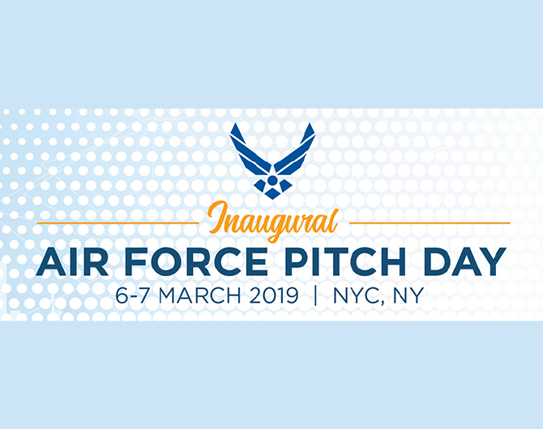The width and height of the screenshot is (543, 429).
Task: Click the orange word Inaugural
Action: (273, 221)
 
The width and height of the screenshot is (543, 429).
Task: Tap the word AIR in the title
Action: (72, 261)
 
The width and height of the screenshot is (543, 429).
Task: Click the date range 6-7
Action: (134, 295)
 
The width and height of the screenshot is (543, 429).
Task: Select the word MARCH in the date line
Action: (200, 295)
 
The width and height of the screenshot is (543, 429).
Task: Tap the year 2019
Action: (274, 295)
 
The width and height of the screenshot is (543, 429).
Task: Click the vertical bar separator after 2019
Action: (315, 295)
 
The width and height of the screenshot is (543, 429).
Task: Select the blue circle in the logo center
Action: (272, 181)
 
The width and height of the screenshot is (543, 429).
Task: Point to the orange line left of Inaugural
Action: (118, 223)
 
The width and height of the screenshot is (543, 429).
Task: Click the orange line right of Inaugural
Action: (430, 223)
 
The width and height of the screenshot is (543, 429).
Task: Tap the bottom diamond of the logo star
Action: (272, 194)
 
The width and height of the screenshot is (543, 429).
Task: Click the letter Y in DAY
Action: (493, 261)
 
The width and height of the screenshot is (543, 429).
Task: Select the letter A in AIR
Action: (51, 261)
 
